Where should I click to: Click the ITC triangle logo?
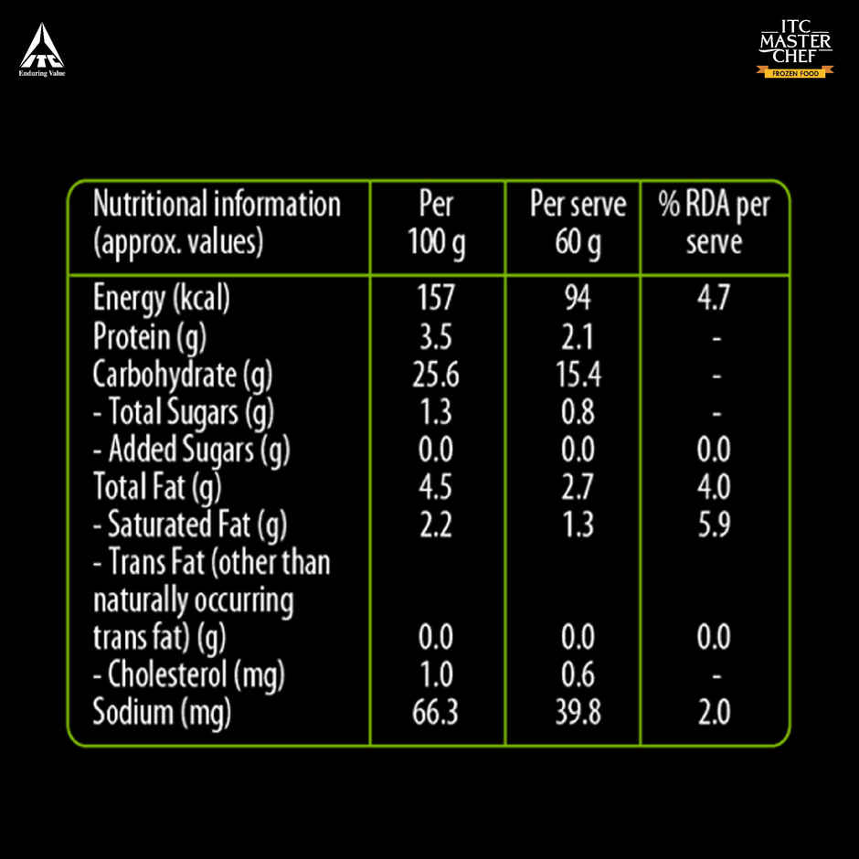click(x=42, y=47)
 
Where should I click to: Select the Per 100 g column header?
click(x=437, y=225)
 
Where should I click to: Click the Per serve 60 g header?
click(x=578, y=225)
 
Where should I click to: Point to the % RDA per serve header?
click(x=715, y=225)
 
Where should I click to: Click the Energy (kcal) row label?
click(x=161, y=300)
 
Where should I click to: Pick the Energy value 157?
click(x=437, y=300)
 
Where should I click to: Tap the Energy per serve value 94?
click(x=578, y=300)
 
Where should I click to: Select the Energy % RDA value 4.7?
click(x=715, y=300)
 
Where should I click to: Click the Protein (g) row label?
click(x=150, y=337)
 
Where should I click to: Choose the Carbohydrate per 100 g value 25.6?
click(x=437, y=375)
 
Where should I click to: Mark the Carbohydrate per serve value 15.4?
click(x=578, y=375)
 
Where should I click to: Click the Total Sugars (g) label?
click(x=184, y=413)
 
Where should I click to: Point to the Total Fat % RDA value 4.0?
click(x=715, y=487)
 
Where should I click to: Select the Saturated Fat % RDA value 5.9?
click(x=715, y=525)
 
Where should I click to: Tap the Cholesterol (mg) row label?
click(x=189, y=675)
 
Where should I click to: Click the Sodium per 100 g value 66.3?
click(x=437, y=713)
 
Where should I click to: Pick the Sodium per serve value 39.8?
click(x=578, y=713)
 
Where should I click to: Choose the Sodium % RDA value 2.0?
click(x=715, y=713)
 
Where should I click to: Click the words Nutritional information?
click(x=217, y=204)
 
